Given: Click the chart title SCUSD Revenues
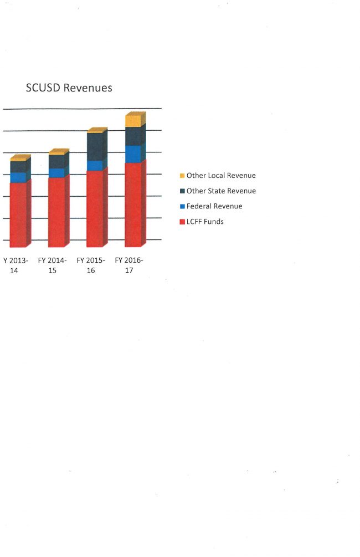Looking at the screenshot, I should tap(69, 88).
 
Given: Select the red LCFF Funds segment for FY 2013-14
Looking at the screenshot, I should tap(18, 214).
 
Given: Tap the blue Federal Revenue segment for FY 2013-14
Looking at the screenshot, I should tap(18, 177).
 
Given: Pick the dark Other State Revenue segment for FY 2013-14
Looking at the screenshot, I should tap(18, 166).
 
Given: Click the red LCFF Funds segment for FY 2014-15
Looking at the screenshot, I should tap(56, 212).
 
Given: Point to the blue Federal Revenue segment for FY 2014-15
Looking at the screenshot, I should tap(56, 173).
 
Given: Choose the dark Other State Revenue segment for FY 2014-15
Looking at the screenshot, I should tap(56, 161).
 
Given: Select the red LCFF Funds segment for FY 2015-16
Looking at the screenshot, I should tap(95, 208).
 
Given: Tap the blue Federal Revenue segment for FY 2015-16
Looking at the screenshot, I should tap(95, 166).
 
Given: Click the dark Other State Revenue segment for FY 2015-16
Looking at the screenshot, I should tap(95, 147).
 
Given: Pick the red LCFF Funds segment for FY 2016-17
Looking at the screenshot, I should tap(133, 205).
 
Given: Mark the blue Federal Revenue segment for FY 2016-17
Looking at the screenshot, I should tap(133, 154).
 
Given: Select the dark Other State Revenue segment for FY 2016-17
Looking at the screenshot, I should tap(133, 136).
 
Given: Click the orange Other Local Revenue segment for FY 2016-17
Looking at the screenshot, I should tap(133, 121).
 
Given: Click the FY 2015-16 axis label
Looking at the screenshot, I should tap(91, 265).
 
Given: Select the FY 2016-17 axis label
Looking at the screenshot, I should tap(129, 265).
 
